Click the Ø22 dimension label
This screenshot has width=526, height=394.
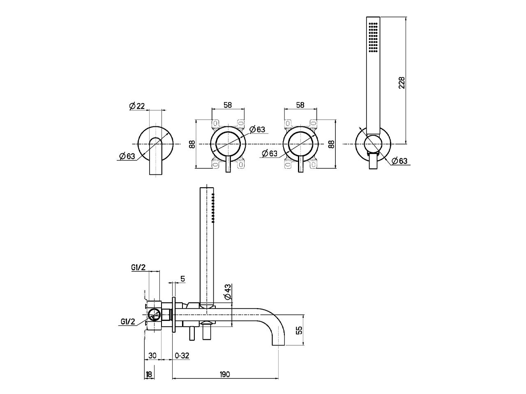(x=137, y=106)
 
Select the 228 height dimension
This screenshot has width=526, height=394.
(x=402, y=82)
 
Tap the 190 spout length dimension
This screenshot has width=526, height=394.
(x=224, y=374)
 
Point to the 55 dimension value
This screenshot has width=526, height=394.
(x=299, y=330)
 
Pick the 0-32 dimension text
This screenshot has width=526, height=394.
(x=182, y=355)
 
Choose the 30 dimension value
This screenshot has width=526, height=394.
(x=152, y=355)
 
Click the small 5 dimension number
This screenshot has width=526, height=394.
(x=182, y=279)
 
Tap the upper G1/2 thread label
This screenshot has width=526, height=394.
(x=138, y=267)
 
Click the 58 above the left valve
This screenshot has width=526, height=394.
(x=227, y=105)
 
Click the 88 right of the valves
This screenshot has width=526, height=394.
(x=332, y=144)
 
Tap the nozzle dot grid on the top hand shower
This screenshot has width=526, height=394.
(x=373, y=37)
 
